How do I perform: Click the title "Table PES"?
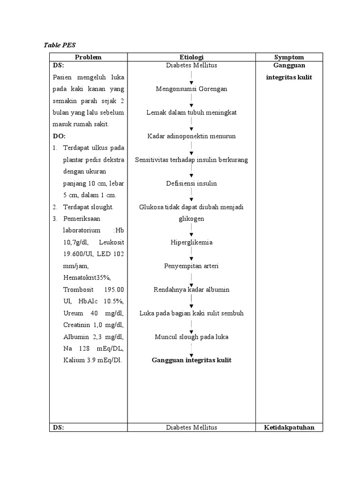click(x=60, y=45)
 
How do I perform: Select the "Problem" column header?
click(x=88, y=57)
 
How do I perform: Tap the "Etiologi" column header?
click(x=191, y=57)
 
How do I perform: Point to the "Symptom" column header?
click(x=289, y=57)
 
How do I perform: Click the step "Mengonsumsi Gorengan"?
click(x=191, y=89)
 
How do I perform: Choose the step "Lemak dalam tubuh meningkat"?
click(x=191, y=112)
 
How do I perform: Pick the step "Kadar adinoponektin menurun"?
click(x=191, y=136)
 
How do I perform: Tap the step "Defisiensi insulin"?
click(x=191, y=183)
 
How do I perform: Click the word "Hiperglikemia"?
click(x=191, y=242)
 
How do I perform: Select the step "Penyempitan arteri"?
click(x=191, y=266)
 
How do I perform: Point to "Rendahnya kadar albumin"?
click(x=191, y=289)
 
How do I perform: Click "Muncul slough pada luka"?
click(x=191, y=337)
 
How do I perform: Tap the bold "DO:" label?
click(x=59, y=136)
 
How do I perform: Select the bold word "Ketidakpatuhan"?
click(x=289, y=427)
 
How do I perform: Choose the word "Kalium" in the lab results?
click(x=74, y=360)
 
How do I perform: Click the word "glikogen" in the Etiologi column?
click(x=191, y=218)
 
